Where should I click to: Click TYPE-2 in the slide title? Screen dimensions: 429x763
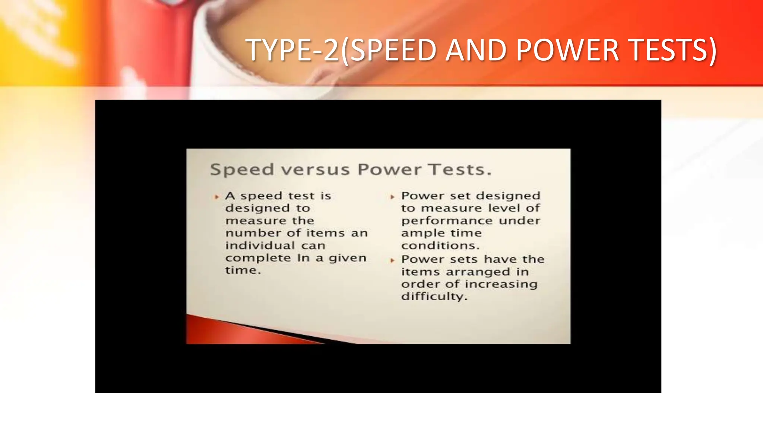click(292, 50)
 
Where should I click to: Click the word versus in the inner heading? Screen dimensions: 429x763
click(315, 170)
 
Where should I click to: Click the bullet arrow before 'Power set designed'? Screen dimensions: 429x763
click(392, 197)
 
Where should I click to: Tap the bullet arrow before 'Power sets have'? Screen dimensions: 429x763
click(392, 260)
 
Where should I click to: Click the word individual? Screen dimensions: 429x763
click(260, 245)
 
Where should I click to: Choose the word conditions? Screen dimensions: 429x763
click(440, 246)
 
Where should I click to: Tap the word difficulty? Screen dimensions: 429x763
click(434, 296)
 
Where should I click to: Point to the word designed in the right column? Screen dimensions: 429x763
click(508, 196)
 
